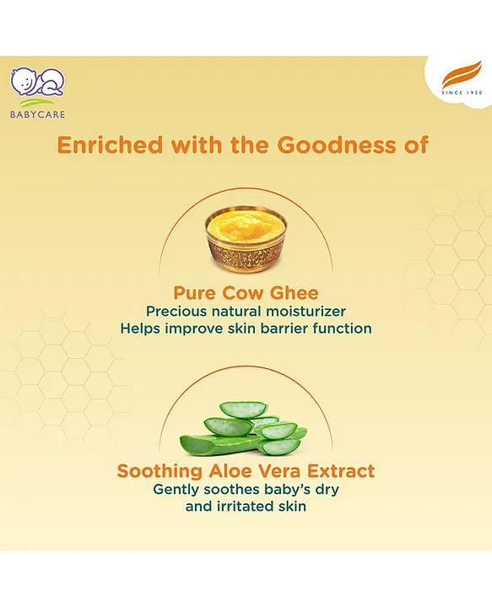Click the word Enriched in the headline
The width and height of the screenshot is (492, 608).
(110, 145)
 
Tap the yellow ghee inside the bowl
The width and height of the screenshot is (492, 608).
(246, 223)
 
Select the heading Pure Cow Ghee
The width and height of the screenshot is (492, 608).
(246, 293)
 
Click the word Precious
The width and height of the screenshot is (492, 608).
(176, 312)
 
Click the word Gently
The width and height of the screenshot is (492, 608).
(176, 489)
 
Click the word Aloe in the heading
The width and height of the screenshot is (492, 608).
(227, 470)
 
